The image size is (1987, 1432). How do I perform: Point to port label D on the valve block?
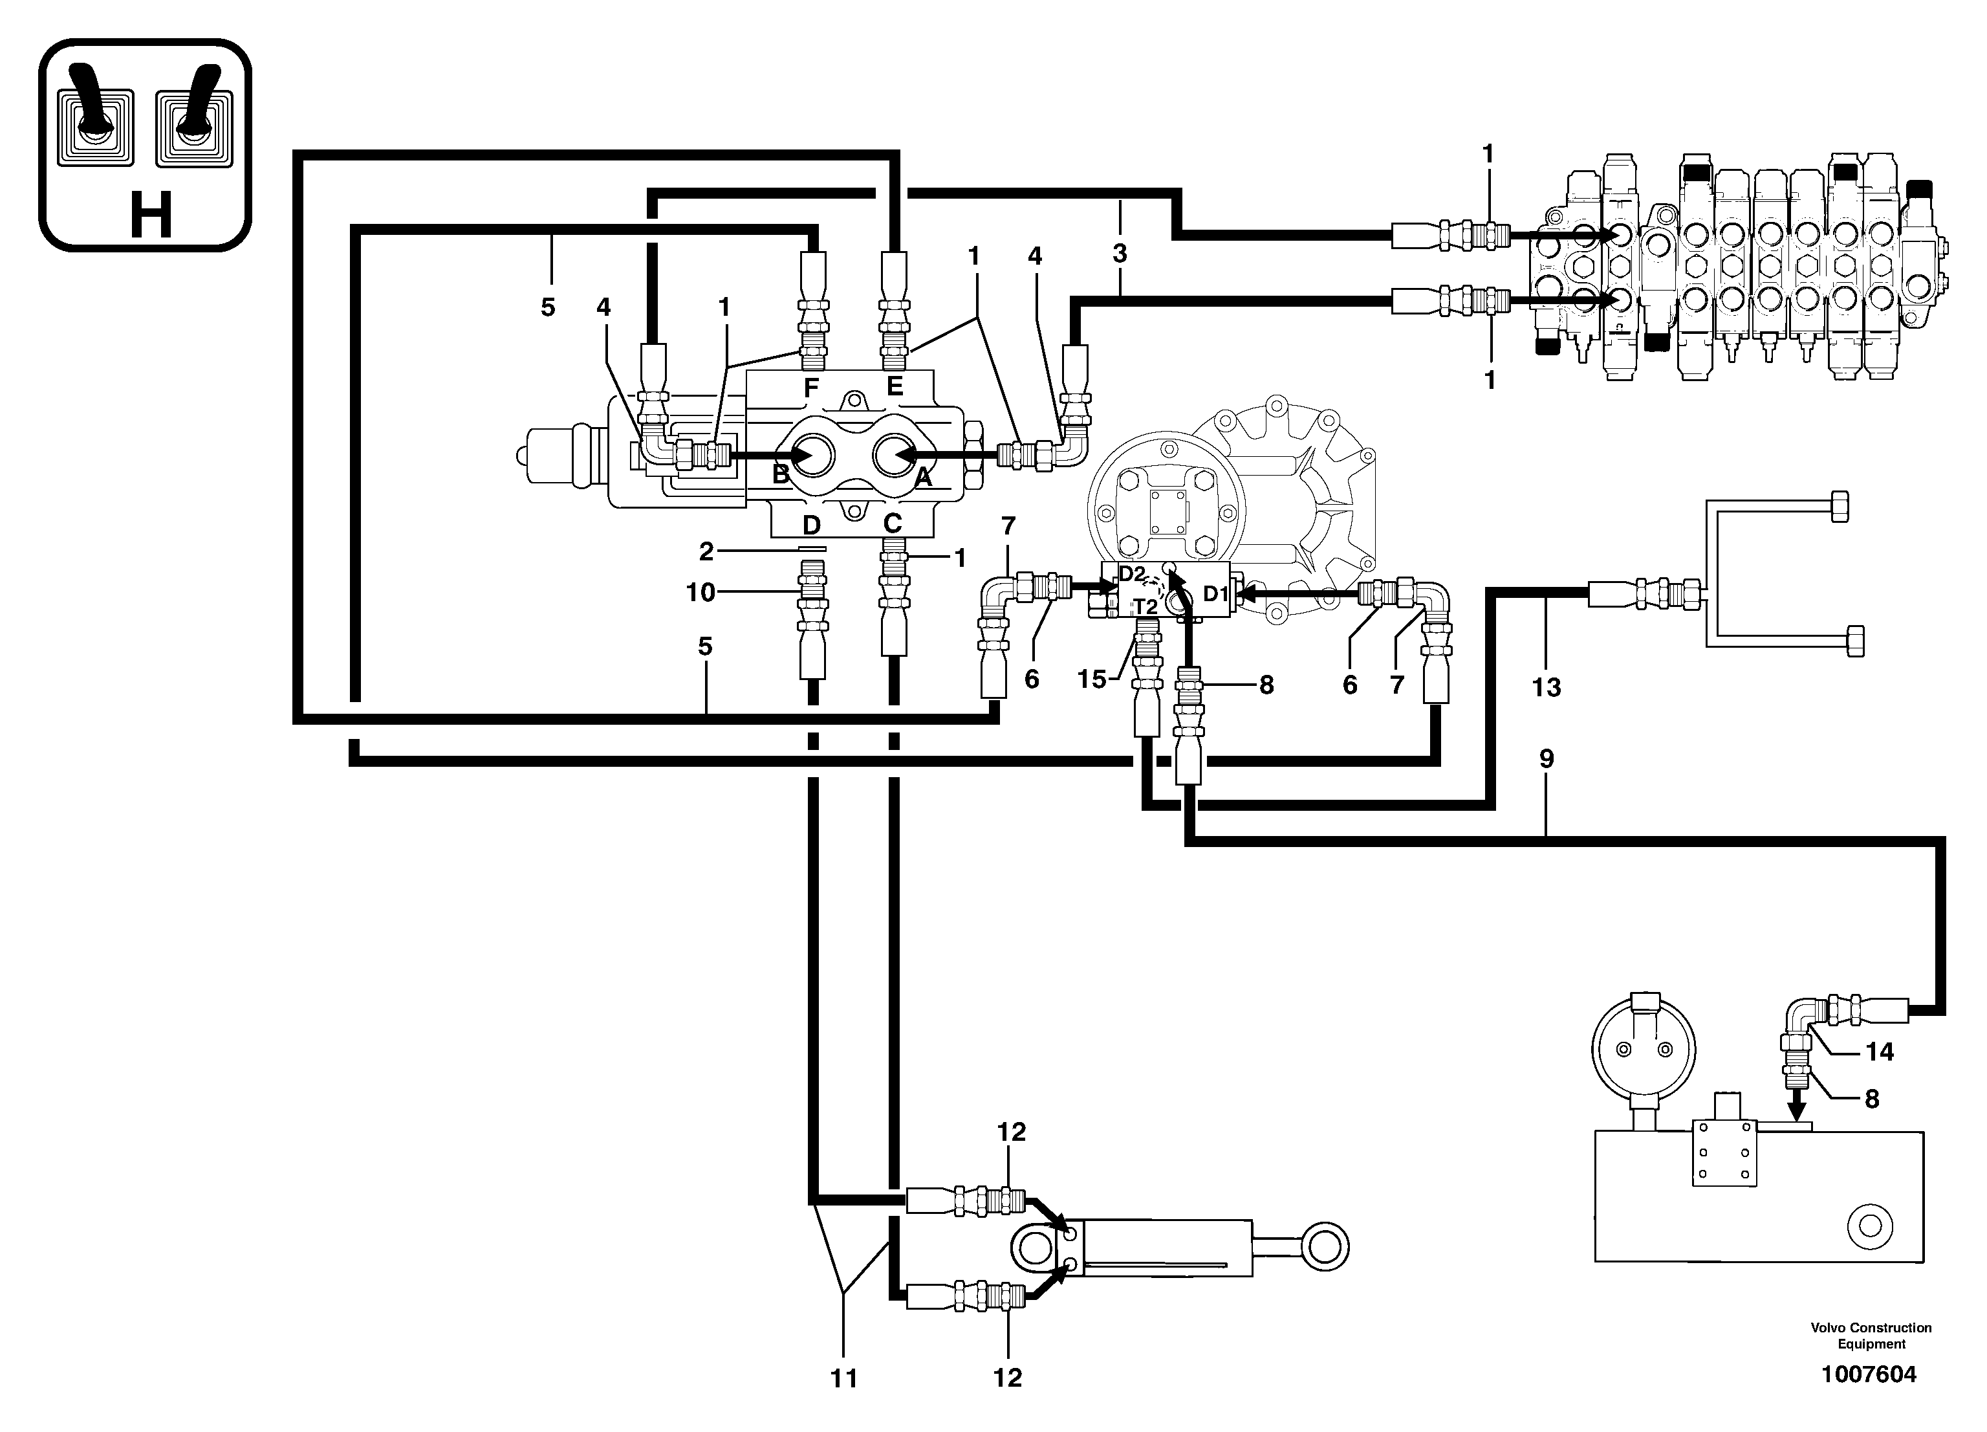[811, 525]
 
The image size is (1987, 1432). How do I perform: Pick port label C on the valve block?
[892, 524]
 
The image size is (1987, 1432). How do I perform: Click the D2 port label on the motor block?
[1132, 574]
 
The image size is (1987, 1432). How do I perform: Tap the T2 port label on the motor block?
[1145, 606]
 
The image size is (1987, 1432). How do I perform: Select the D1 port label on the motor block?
[1216, 594]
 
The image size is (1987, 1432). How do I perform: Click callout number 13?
[1547, 687]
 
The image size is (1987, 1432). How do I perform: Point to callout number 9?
[1547, 758]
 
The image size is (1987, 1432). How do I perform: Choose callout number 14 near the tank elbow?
[1879, 1052]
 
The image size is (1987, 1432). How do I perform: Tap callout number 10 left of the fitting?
[701, 593]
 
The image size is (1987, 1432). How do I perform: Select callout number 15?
[1092, 679]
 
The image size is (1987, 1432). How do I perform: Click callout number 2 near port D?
[706, 551]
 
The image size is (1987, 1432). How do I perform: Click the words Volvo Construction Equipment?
[1871, 1336]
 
